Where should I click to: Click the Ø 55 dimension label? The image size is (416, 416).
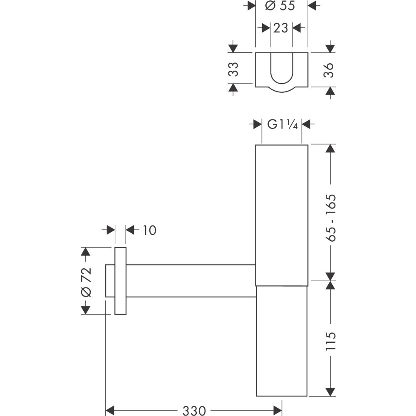[x=282, y=6]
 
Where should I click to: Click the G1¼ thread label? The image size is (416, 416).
[x=282, y=124]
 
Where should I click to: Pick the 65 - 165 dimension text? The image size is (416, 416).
[x=331, y=218]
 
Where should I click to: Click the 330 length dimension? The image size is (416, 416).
[x=194, y=410]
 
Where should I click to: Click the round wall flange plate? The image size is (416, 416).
[x=120, y=281]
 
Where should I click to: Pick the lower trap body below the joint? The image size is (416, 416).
[x=282, y=341]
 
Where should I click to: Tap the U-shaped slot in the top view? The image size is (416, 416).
[x=282, y=69]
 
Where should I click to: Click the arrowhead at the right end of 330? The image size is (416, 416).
[x=277, y=410]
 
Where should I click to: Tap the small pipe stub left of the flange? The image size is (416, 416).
[x=110, y=281]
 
